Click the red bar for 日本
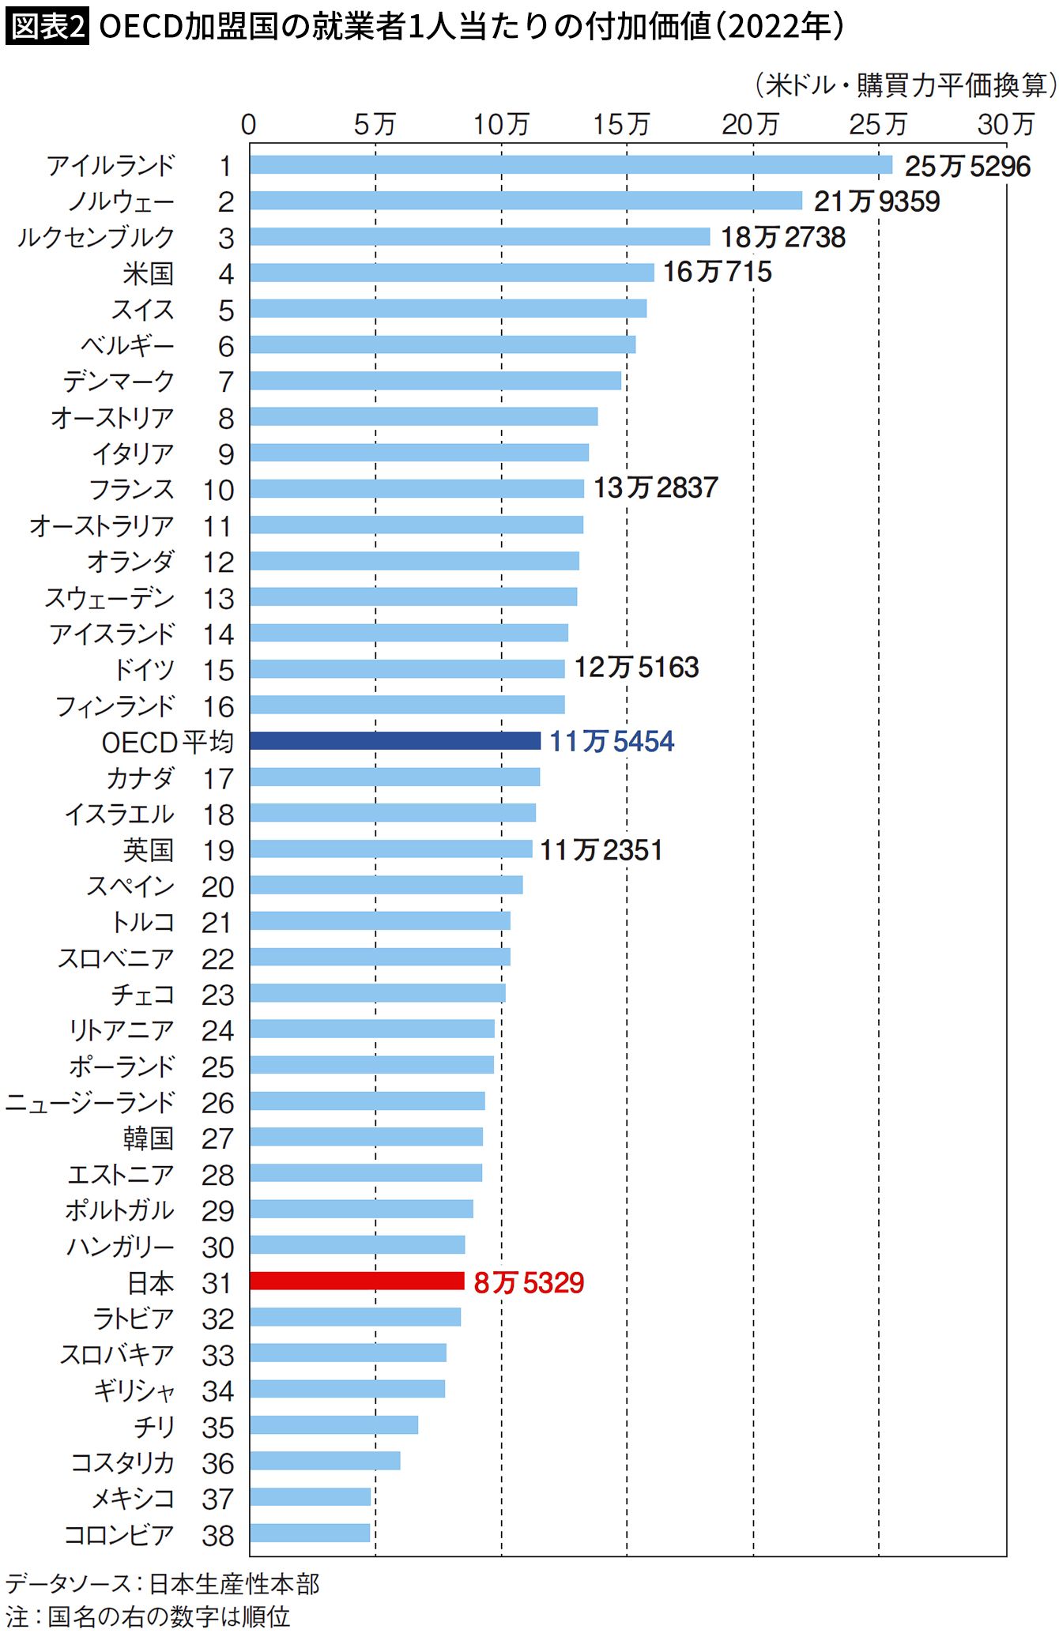356,1281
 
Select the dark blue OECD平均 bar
394,740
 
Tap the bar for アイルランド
571,164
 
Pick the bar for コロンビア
310,1533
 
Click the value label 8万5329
529,1282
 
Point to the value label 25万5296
967,166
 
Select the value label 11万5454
612,741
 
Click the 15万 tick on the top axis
621,124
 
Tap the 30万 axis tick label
1005,124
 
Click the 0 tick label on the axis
248,124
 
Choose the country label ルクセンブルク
96,237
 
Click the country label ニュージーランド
89,1102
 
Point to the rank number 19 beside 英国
218,850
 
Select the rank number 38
218,1535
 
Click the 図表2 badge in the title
47,27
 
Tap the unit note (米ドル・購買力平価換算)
905,85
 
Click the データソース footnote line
162,1583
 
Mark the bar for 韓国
366,1136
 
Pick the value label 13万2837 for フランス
655,488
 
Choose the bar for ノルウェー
526,201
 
